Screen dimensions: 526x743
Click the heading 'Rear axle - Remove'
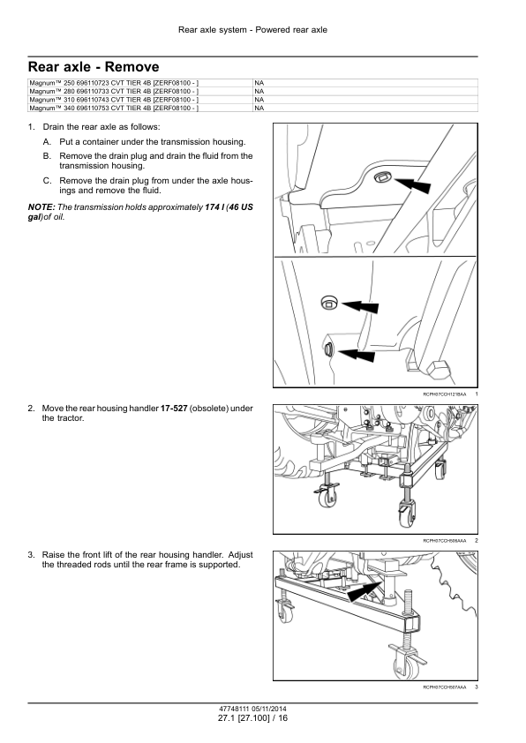click(x=94, y=67)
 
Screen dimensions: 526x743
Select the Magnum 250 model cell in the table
click(x=140, y=83)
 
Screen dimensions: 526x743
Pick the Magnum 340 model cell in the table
click(x=140, y=108)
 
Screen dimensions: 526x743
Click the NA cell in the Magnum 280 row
click(x=259, y=92)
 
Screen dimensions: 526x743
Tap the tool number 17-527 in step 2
click(x=174, y=409)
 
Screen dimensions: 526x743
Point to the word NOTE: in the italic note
click(x=41, y=207)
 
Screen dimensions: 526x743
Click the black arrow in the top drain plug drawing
click(x=411, y=184)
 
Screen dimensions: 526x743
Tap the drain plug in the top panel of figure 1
click(x=381, y=177)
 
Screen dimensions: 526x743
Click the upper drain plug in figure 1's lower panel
click(x=328, y=302)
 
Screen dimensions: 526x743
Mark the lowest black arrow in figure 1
click(x=357, y=354)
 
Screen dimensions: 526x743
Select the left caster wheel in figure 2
click(x=327, y=497)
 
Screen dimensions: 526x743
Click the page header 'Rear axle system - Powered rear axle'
click(x=252, y=30)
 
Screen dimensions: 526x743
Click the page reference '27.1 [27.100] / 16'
click(x=252, y=718)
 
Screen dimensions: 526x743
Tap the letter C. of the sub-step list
click(x=47, y=181)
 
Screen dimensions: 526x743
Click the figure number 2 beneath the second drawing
click(x=476, y=540)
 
